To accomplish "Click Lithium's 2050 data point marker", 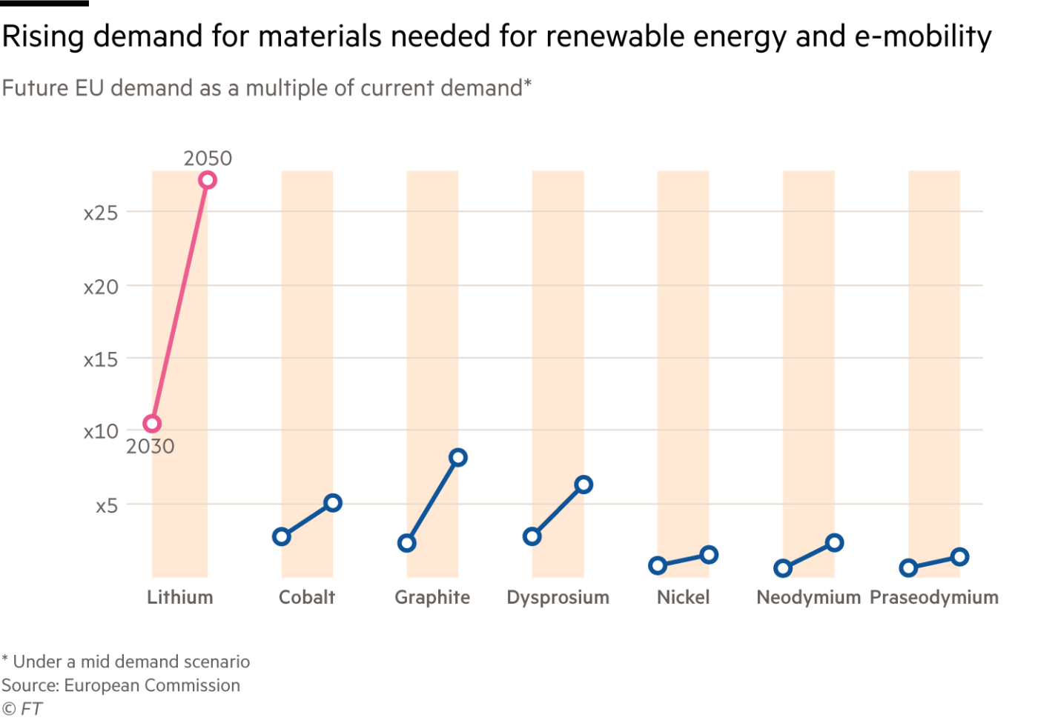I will pos(208,180).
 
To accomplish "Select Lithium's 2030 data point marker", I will pos(151,424).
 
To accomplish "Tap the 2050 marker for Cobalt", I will pos(333,504).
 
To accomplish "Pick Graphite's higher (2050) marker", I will pos(458,458).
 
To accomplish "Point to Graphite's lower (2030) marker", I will pos(406,543).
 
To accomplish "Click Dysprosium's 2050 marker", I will pos(584,485).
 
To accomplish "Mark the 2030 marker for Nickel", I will pos(658,566).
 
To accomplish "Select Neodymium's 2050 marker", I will pos(835,543).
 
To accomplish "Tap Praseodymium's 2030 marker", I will pos(908,568).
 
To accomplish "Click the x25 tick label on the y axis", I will pos(101,213).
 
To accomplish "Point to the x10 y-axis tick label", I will pos(101,431).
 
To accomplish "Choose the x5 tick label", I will pos(107,506).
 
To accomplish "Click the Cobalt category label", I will pos(307,597).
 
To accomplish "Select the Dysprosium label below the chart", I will pos(558,597).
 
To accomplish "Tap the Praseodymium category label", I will pos(934,597).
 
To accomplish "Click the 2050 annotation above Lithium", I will pos(208,159).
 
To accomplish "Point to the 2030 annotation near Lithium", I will pos(150,447).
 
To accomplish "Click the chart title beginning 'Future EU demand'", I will pos(266,88).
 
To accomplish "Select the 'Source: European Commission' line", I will pos(121,685).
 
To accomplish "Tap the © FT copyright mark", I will pos(22,709).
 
